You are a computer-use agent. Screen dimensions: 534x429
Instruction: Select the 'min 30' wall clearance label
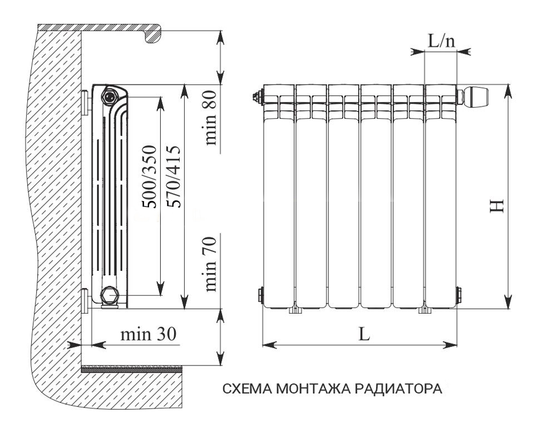click(149, 334)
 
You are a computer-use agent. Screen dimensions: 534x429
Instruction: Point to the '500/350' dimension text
click(149, 177)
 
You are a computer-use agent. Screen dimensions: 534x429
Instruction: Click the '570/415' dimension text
click(174, 177)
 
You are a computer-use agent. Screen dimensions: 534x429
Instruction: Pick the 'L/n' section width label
click(441, 41)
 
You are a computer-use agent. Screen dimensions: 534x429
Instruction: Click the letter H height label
click(497, 206)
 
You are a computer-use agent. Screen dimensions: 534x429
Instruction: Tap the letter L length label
click(364, 334)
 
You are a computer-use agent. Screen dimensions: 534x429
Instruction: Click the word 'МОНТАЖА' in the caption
click(312, 388)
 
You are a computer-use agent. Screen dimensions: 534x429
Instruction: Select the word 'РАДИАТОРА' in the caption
click(398, 388)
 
